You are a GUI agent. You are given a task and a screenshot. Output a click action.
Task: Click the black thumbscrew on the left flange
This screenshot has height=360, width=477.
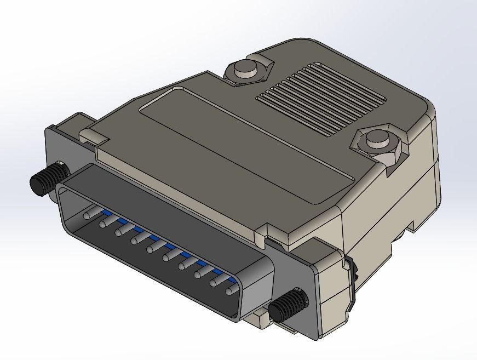(47, 179)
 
